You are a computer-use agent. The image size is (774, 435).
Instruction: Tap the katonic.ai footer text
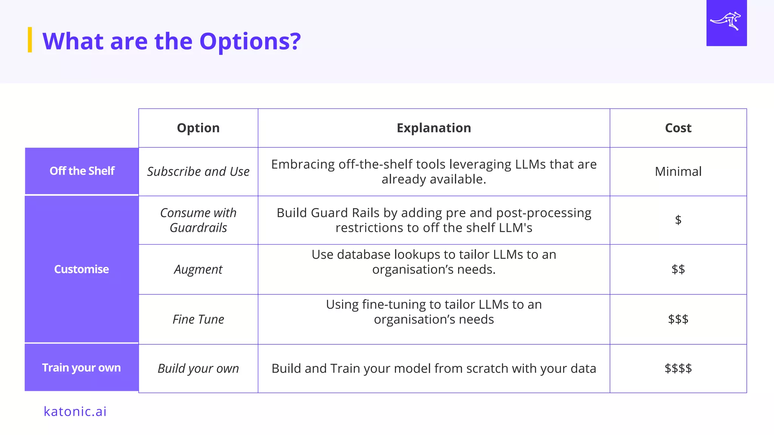click(x=75, y=411)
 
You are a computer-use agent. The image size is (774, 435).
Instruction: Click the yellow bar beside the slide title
click(x=30, y=40)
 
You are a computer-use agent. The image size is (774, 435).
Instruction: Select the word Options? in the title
click(x=250, y=41)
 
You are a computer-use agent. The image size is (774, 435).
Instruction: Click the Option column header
click(x=198, y=128)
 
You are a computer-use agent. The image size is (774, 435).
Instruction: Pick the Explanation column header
click(x=433, y=128)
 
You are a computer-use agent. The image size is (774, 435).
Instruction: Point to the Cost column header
click(x=678, y=128)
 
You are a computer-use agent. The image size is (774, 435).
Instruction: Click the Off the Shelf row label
click(x=82, y=171)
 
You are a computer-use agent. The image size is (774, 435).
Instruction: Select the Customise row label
click(x=82, y=269)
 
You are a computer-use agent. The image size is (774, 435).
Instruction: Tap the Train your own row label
click(x=82, y=368)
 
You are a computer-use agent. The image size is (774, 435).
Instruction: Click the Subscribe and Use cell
click(x=198, y=171)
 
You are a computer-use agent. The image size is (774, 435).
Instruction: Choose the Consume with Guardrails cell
click(x=198, y=220)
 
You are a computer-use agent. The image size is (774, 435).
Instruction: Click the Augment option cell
click(x=198, y=270)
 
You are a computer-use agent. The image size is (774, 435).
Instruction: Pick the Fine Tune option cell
click(x=198, y=319)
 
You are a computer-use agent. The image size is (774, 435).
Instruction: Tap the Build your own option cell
click(x=198, y=369)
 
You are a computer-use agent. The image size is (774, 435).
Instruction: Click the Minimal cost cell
click(x=678, y=171)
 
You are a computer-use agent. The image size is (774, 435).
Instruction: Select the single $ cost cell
click(x=678, y=220)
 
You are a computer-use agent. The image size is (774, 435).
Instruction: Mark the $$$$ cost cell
click(x=678, y=368)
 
